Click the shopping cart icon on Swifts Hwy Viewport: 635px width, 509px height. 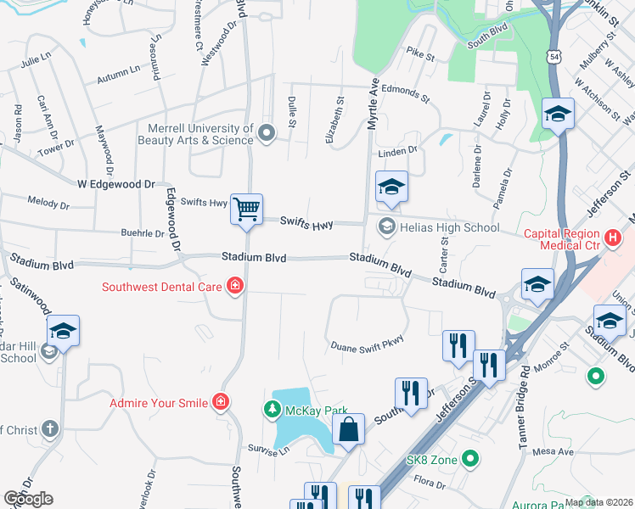tap(247, 208)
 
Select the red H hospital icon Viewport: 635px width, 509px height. tap(611, 239)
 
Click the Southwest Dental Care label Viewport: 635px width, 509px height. tap(162, 287)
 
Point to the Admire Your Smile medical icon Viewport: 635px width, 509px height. tap(221, 400)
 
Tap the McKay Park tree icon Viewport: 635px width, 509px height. tap(273, 410)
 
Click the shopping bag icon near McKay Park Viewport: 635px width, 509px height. tap(348, 428)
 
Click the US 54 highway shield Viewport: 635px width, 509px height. tap(554, 56)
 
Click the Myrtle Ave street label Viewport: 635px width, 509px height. tap(372, 106)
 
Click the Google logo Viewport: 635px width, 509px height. tap(28, 499)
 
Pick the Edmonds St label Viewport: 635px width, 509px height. tap(407, 89)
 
